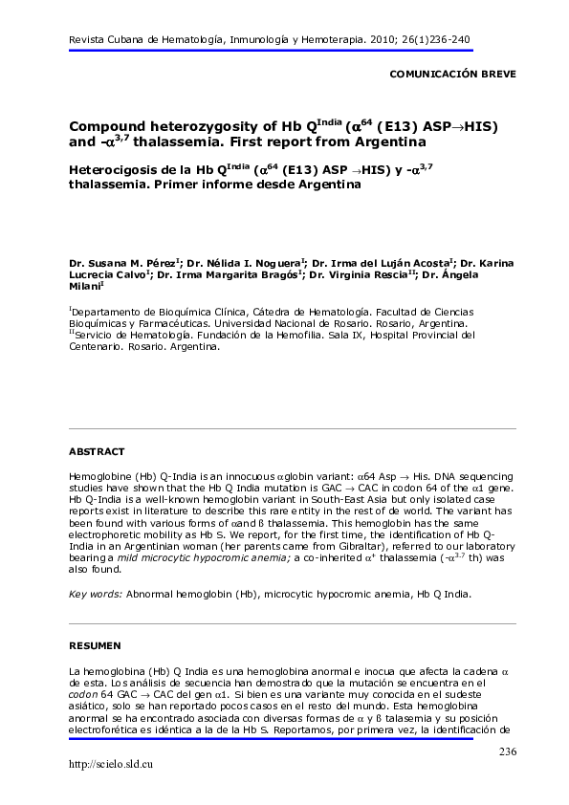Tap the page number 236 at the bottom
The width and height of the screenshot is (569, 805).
pyautogui.click(x=507, y=752)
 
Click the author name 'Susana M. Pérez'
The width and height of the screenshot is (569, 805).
pyautogui.click(x=131, y=261)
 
